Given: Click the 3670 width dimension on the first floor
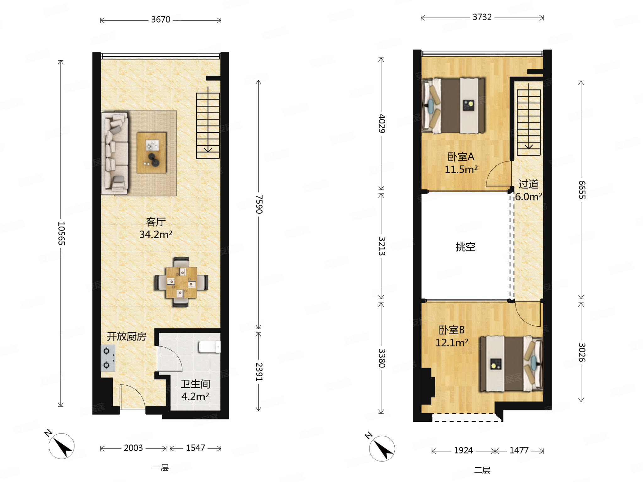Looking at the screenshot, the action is tap(161, 19).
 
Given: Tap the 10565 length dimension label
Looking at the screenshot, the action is tap(62, 233).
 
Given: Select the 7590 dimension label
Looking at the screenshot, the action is tap(259, 204).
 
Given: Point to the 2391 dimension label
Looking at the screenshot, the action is tap(259, 372).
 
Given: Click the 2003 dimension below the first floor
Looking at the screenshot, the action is tap(133, 448).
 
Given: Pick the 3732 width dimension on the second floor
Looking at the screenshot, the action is tap(482, 17).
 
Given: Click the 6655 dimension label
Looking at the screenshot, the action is tap(582, 190).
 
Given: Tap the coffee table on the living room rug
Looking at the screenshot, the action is tap(152, 153).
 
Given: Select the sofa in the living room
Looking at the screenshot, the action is tap(115, 153).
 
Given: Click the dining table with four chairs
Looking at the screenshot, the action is tap(181, 282).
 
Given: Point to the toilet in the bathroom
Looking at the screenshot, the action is tap(209, 347).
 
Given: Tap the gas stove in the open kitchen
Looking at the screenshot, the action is tap(108, 358).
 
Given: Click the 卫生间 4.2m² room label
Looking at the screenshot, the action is tap(195, 390).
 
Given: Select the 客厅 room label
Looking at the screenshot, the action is tap(156, 222).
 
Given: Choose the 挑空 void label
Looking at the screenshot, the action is tap(465, 247).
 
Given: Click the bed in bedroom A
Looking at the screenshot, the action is tap(453, 106).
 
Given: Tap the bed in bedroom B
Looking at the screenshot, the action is tap(511, 364).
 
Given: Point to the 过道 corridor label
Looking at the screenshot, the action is tap(528, 184).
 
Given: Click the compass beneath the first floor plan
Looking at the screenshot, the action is tap(61, 446).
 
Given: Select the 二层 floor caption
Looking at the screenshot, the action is tap(482, 470).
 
